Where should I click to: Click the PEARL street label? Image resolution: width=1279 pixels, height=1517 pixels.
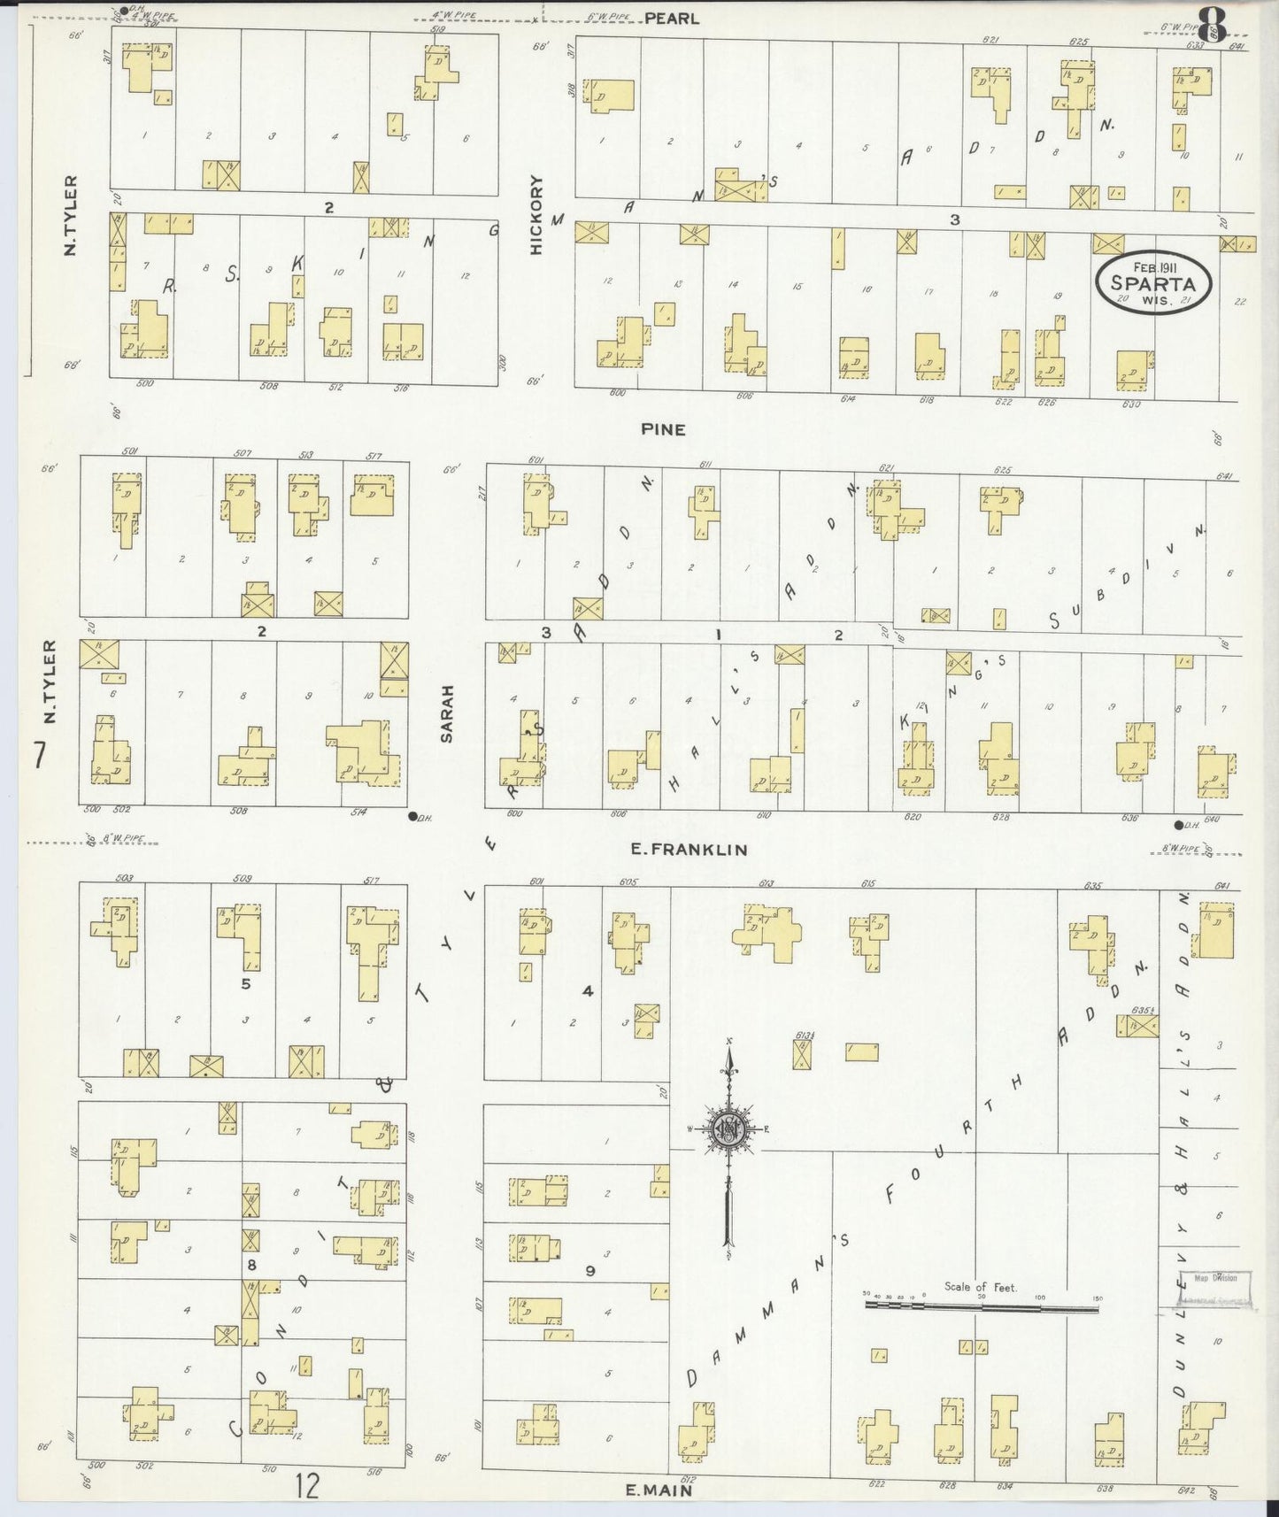672,18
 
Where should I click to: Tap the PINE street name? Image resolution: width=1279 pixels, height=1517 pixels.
664,429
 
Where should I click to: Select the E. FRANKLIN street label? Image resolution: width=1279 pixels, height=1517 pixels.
689,850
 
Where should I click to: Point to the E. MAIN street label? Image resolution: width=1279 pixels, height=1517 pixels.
659,1490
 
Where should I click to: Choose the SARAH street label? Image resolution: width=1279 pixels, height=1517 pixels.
447,712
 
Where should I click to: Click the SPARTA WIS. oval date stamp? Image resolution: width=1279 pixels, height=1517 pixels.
1152,281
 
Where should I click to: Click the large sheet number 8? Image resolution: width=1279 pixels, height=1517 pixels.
1211,24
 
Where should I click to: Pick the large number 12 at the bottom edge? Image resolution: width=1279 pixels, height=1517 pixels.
307,1487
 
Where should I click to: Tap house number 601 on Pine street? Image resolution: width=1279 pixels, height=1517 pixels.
535,459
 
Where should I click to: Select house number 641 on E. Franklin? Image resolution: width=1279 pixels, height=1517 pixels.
1224,885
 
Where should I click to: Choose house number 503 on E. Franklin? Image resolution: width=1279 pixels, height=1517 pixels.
124,878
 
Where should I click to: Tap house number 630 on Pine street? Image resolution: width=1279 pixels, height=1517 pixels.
1130,404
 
